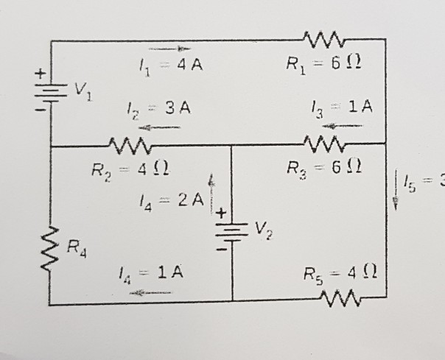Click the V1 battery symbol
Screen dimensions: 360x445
tap(50, 93)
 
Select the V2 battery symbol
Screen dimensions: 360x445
tap(232, 228)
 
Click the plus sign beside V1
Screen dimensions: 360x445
tap(41, 74)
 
